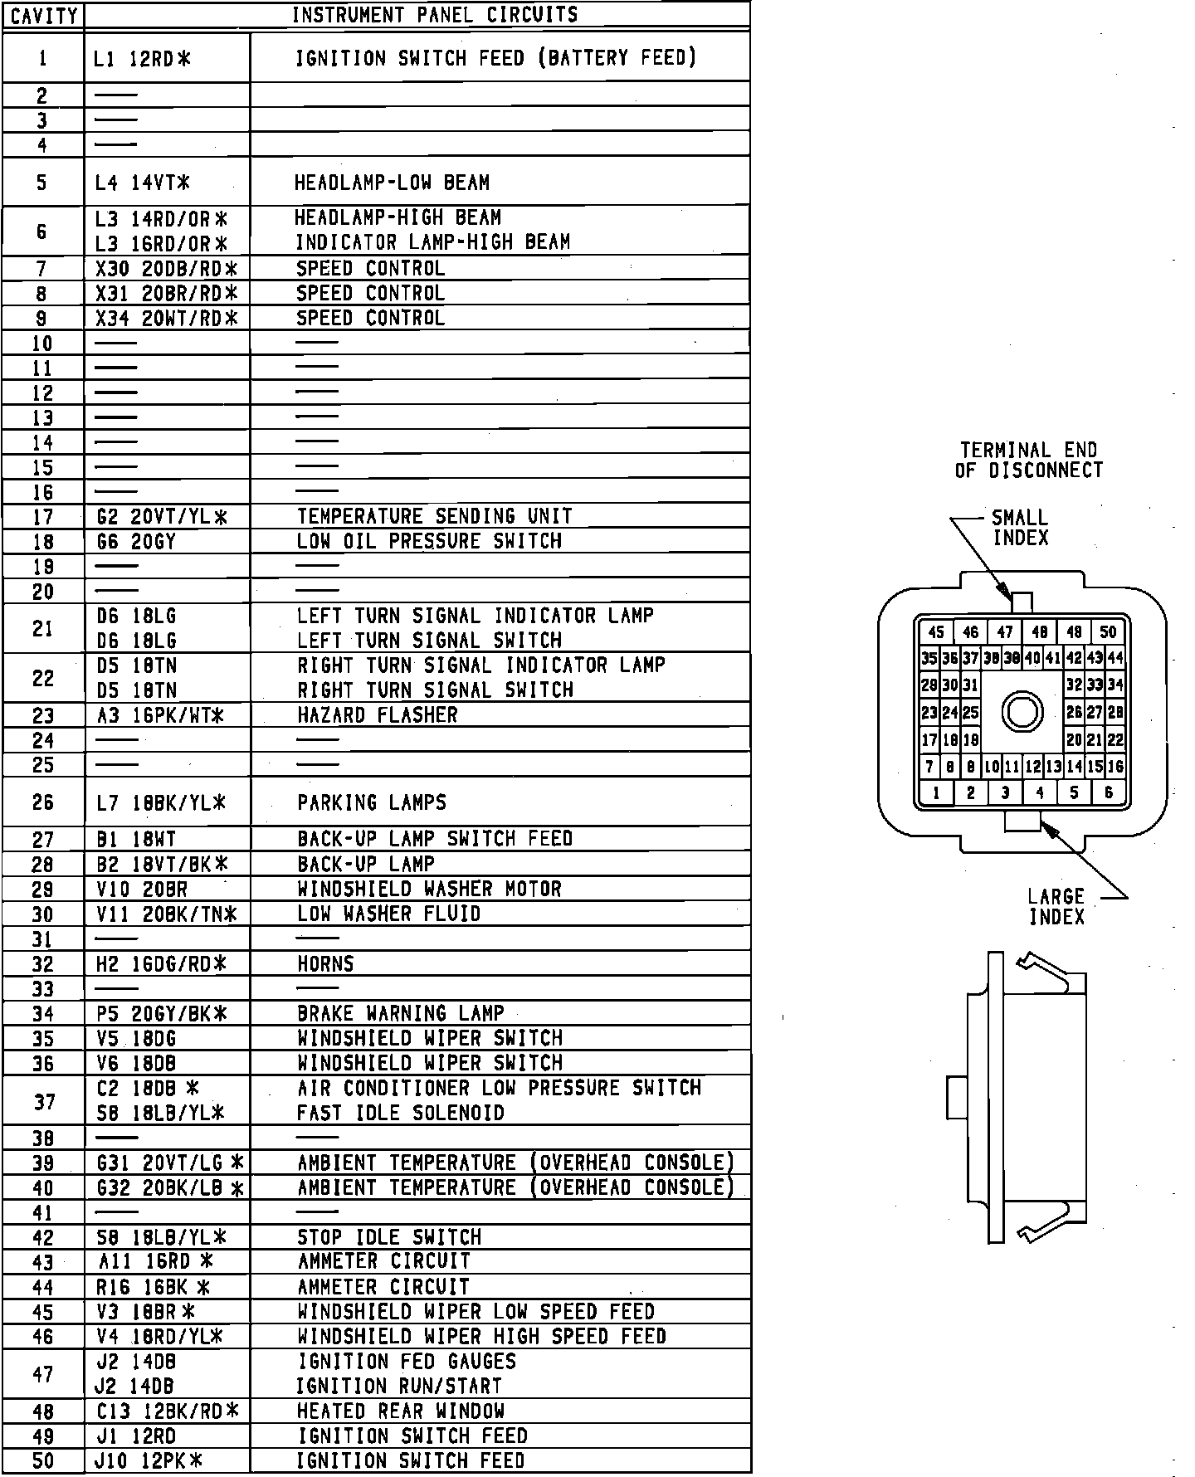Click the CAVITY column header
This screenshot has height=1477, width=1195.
(43, 16)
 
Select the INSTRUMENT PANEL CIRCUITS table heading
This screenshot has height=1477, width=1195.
(435, 15)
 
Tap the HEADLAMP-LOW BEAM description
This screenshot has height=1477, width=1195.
(392, 183)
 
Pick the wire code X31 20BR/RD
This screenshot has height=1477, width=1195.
(166, 293)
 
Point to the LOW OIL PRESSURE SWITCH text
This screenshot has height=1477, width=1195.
(429, 541)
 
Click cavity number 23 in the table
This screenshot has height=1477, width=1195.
(42, 715)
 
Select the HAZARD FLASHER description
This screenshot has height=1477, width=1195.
(378, 715)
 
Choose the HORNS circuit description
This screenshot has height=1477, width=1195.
(325, 964)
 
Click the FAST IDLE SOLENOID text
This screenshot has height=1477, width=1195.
(401, 1113)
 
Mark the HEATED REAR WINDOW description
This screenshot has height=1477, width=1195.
(401, 1411)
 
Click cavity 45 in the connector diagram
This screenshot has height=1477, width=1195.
(936, 632)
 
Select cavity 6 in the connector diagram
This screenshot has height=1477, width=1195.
(1108, 792)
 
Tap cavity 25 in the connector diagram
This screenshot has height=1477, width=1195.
(970, 713)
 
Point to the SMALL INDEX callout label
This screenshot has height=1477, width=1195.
(1020, 528)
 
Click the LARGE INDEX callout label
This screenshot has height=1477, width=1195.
(1056, 907)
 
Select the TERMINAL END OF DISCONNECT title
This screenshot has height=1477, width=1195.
(1029, 461)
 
